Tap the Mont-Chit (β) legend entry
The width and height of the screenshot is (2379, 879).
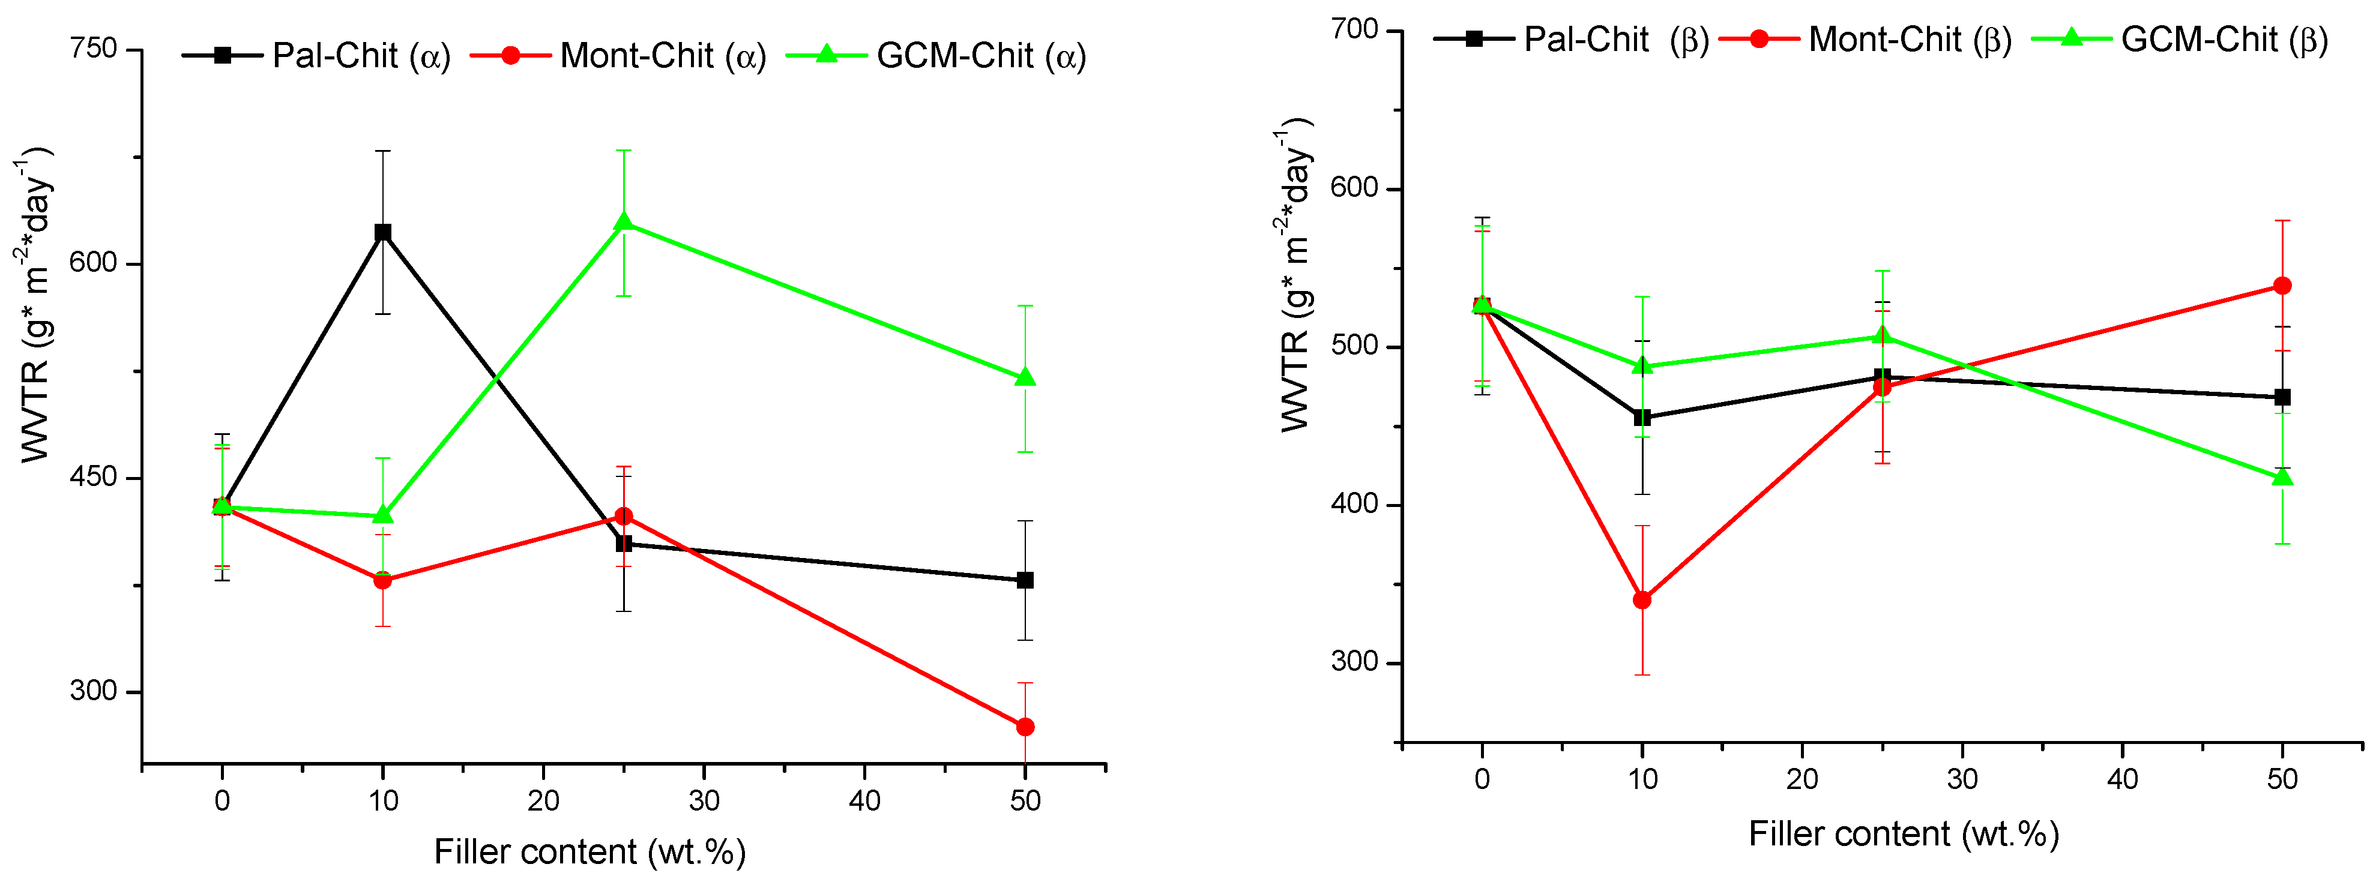1866,39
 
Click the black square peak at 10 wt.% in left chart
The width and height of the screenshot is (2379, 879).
382,232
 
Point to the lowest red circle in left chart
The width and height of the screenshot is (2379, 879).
1024,727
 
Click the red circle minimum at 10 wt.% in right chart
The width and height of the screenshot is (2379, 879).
1642,600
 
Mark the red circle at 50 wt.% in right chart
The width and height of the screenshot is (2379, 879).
2282,286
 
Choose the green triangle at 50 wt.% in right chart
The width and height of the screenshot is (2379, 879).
2282,476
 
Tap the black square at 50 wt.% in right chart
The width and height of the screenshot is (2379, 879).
2282,397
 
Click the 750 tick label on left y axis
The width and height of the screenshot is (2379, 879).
94,48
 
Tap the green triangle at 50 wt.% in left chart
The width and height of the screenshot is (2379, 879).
1024,377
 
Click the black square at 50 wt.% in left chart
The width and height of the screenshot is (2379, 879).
1024,580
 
